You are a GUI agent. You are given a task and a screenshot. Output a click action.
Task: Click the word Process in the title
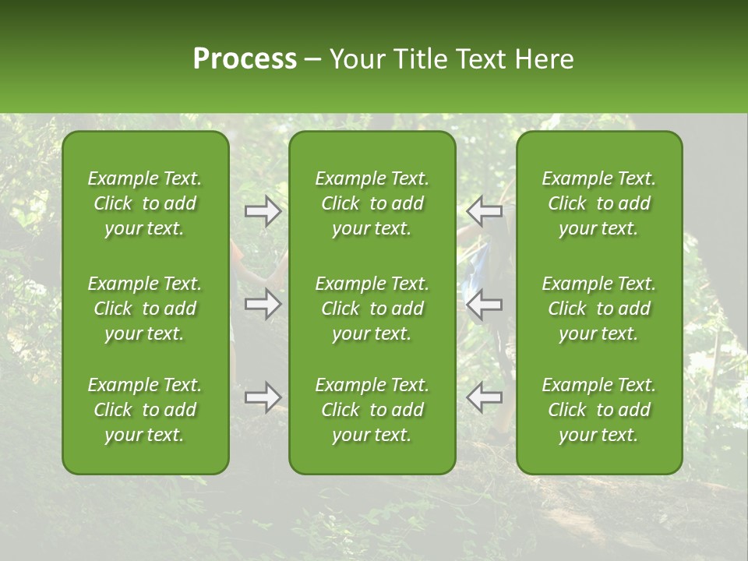(x=245, y=59)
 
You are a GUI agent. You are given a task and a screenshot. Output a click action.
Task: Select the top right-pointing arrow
(x=263, y=211)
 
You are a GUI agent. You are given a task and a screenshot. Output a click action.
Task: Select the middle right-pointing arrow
(x=263, y=304)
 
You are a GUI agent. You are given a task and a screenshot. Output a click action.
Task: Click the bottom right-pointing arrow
(x=263, y=397)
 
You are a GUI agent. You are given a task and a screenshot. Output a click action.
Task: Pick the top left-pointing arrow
(x=484, y=211)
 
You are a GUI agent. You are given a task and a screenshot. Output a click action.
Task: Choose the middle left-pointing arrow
(x=484, y=304)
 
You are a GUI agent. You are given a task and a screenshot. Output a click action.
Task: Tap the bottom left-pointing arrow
(x=484, y=397)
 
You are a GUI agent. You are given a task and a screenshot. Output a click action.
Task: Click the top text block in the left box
(x=145, y=203)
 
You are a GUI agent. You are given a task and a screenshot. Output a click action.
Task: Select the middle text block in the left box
(x=145, y=309)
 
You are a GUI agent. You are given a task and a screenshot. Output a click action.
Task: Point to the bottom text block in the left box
(x=145, y=410)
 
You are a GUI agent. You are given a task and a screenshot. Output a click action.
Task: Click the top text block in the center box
(x=372, y=203)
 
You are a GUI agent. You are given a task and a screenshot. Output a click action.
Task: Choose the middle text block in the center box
(x=372, y=309)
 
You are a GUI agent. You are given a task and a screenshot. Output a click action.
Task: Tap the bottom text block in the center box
(x=372, y=410)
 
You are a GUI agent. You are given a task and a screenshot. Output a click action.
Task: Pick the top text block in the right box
(x=598, y=203)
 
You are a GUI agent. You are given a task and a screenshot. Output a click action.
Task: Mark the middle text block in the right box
(x=598, y=309)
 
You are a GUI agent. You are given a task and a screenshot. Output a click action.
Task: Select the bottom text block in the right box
(x=598, y=410)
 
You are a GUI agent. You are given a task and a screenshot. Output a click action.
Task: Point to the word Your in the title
(x=356, y=59)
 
